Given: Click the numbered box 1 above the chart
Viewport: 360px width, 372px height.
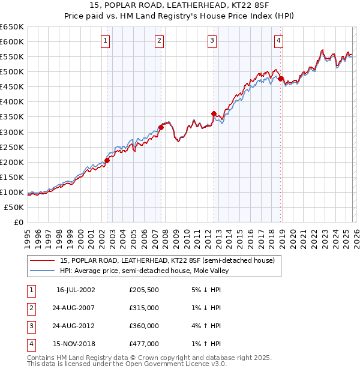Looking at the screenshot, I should pos(105,41).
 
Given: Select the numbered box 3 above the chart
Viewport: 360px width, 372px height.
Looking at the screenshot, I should pos(212,41).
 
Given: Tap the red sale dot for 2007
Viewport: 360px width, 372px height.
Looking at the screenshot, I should pos(161,127).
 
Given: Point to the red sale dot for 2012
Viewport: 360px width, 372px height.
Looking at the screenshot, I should pos(214,113).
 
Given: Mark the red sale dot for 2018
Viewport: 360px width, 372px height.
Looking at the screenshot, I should pos(280,78).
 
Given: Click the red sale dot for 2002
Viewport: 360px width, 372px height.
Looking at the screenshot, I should pos(107,160).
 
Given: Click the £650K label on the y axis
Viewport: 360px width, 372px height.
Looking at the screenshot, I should pos(12,27).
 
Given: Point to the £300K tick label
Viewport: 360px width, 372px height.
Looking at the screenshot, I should pos(12,132).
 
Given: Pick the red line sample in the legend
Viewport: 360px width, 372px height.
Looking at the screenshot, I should pos(42,260).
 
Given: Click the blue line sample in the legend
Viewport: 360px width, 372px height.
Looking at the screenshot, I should pos(42,271).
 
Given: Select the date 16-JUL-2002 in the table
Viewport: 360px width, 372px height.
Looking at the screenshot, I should pos(76,289).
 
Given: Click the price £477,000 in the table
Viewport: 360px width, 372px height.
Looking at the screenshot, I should pos(144,344).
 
